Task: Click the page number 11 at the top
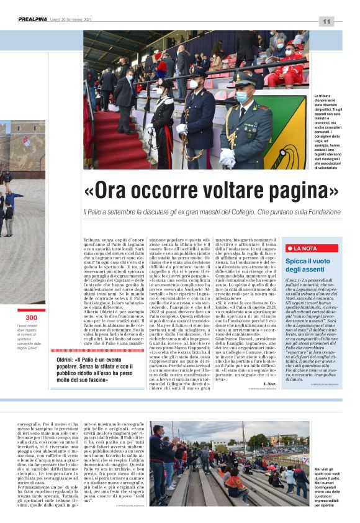(x=326, y=22)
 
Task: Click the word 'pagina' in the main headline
(x=297, y=189)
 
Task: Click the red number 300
(x=32, y=317)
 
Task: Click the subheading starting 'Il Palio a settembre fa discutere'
(x=210, y=212)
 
